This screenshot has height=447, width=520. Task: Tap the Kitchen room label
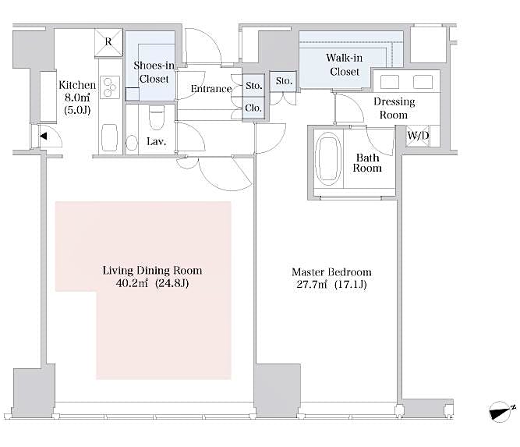pyautogui.click(x=77, y=85)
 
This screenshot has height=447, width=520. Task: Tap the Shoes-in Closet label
pyautogui.click(x=154, y=73)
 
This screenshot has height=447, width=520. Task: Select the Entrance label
pyautogui.click(x=210, y=89)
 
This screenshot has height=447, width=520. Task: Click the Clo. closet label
pyautogui.click(x=253, y=108)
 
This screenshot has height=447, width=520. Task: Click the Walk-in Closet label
pyautogui.click(x=344, y=65)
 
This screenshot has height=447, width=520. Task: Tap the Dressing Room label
pyautogui.click(x=394, y=108)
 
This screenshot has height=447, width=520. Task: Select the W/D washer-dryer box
pyautogui.click(x=418, y=135)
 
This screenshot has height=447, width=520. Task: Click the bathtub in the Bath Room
pyautogui.click(x=328, y=157)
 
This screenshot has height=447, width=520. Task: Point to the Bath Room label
pyautogui.click(x=368, y=162)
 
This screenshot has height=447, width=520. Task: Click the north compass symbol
pyautogui.click(x=498, y=411)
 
